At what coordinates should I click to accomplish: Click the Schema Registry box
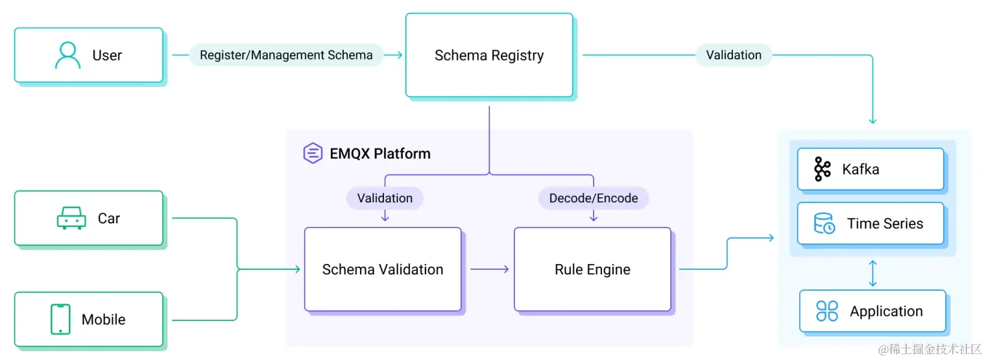pos(489,56)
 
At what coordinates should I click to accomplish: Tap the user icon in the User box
pos(67,56)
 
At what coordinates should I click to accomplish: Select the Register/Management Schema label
pos(286,55)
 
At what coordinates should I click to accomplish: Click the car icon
pos(71,219)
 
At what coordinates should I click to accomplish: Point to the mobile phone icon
pos(60,319)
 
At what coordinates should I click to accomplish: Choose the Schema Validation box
pos(383,269)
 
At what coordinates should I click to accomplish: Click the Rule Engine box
pos(592,269)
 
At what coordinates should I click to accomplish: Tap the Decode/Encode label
pos(593,198)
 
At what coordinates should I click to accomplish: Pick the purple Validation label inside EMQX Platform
pos(385,198)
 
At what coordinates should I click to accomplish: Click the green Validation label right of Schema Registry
pos(734,55)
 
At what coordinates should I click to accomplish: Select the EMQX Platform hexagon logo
pos(313,154)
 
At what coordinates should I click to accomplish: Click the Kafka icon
pos(822,169)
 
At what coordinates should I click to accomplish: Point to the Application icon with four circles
pos(827,311)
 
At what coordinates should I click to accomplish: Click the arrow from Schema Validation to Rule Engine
pos(489,269)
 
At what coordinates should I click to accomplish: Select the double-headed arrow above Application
pos(872,273)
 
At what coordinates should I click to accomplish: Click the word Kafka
pos(860,169)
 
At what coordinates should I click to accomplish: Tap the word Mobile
pos(103,319)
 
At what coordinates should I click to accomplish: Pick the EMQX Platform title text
pos(379,154)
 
